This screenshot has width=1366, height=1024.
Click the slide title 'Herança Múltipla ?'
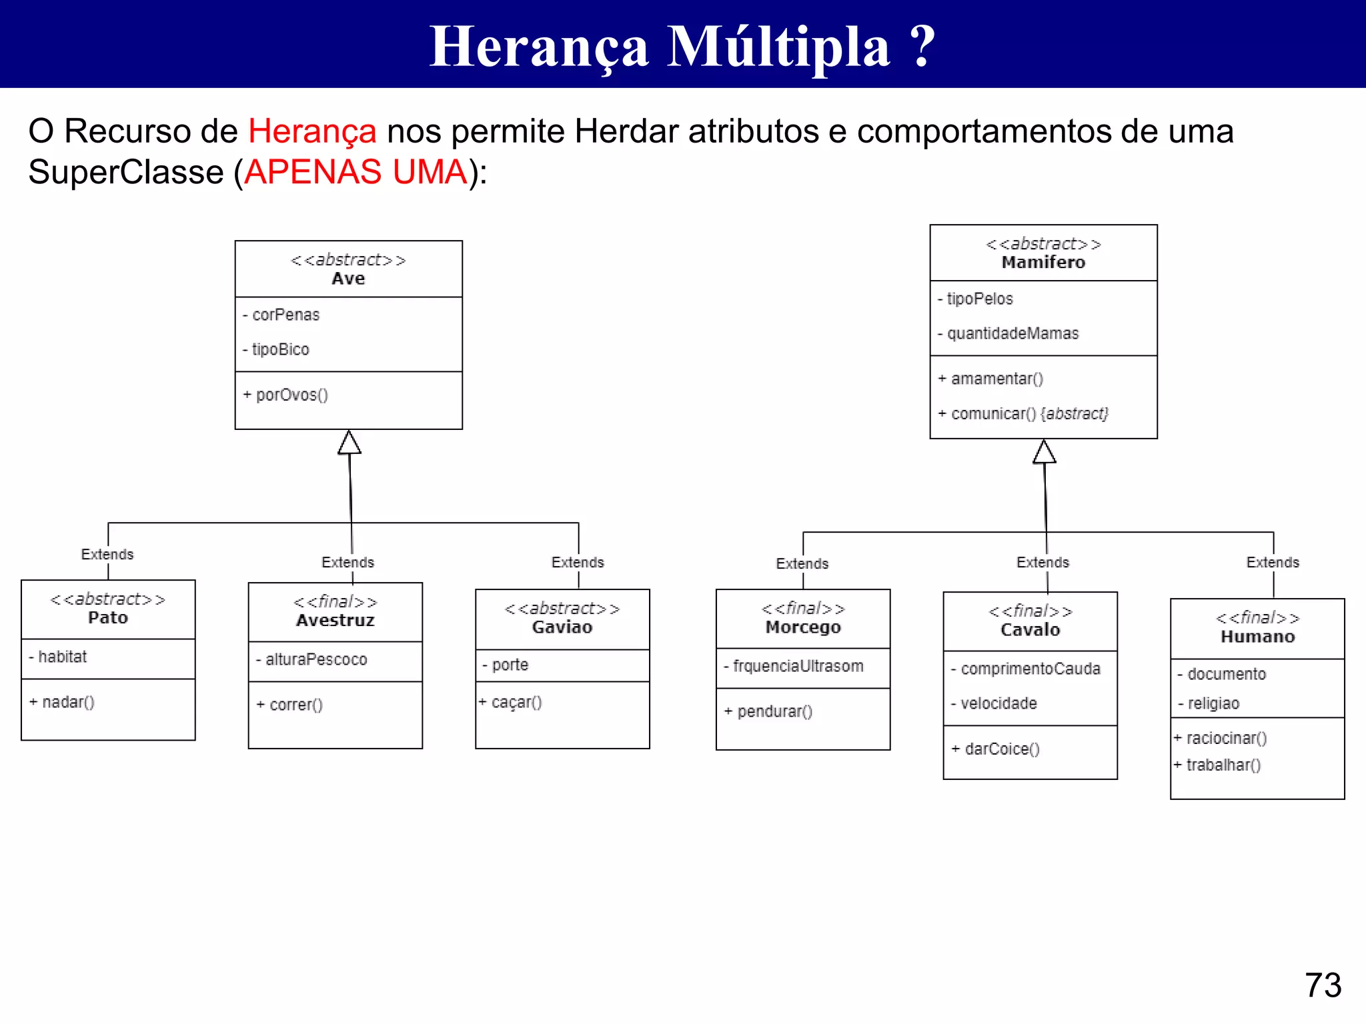tap(682, 47)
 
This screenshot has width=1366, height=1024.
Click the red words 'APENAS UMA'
tap(356, 172)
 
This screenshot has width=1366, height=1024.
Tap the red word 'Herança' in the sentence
tap(312, 131)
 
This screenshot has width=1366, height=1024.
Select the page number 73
tap(1323, 985)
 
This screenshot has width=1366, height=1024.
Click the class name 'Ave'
tap(348, 279)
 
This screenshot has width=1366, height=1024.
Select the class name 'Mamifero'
tap(1043, 263)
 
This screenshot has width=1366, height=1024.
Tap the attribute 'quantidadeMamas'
tap(1012, 333)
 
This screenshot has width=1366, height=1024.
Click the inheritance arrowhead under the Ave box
tap(349, 443)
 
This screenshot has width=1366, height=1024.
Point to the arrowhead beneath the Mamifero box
tap(1044, 452)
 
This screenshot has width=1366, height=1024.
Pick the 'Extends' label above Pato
tap(107, 554)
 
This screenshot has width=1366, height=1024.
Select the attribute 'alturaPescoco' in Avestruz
tap(315, 659)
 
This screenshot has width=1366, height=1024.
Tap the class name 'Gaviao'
tap(562, 627)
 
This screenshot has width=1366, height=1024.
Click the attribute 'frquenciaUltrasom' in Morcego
tap(798, 666)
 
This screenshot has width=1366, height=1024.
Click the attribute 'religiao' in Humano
tap(1213, 703)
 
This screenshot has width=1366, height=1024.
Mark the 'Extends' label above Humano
tap(1272, 562)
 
